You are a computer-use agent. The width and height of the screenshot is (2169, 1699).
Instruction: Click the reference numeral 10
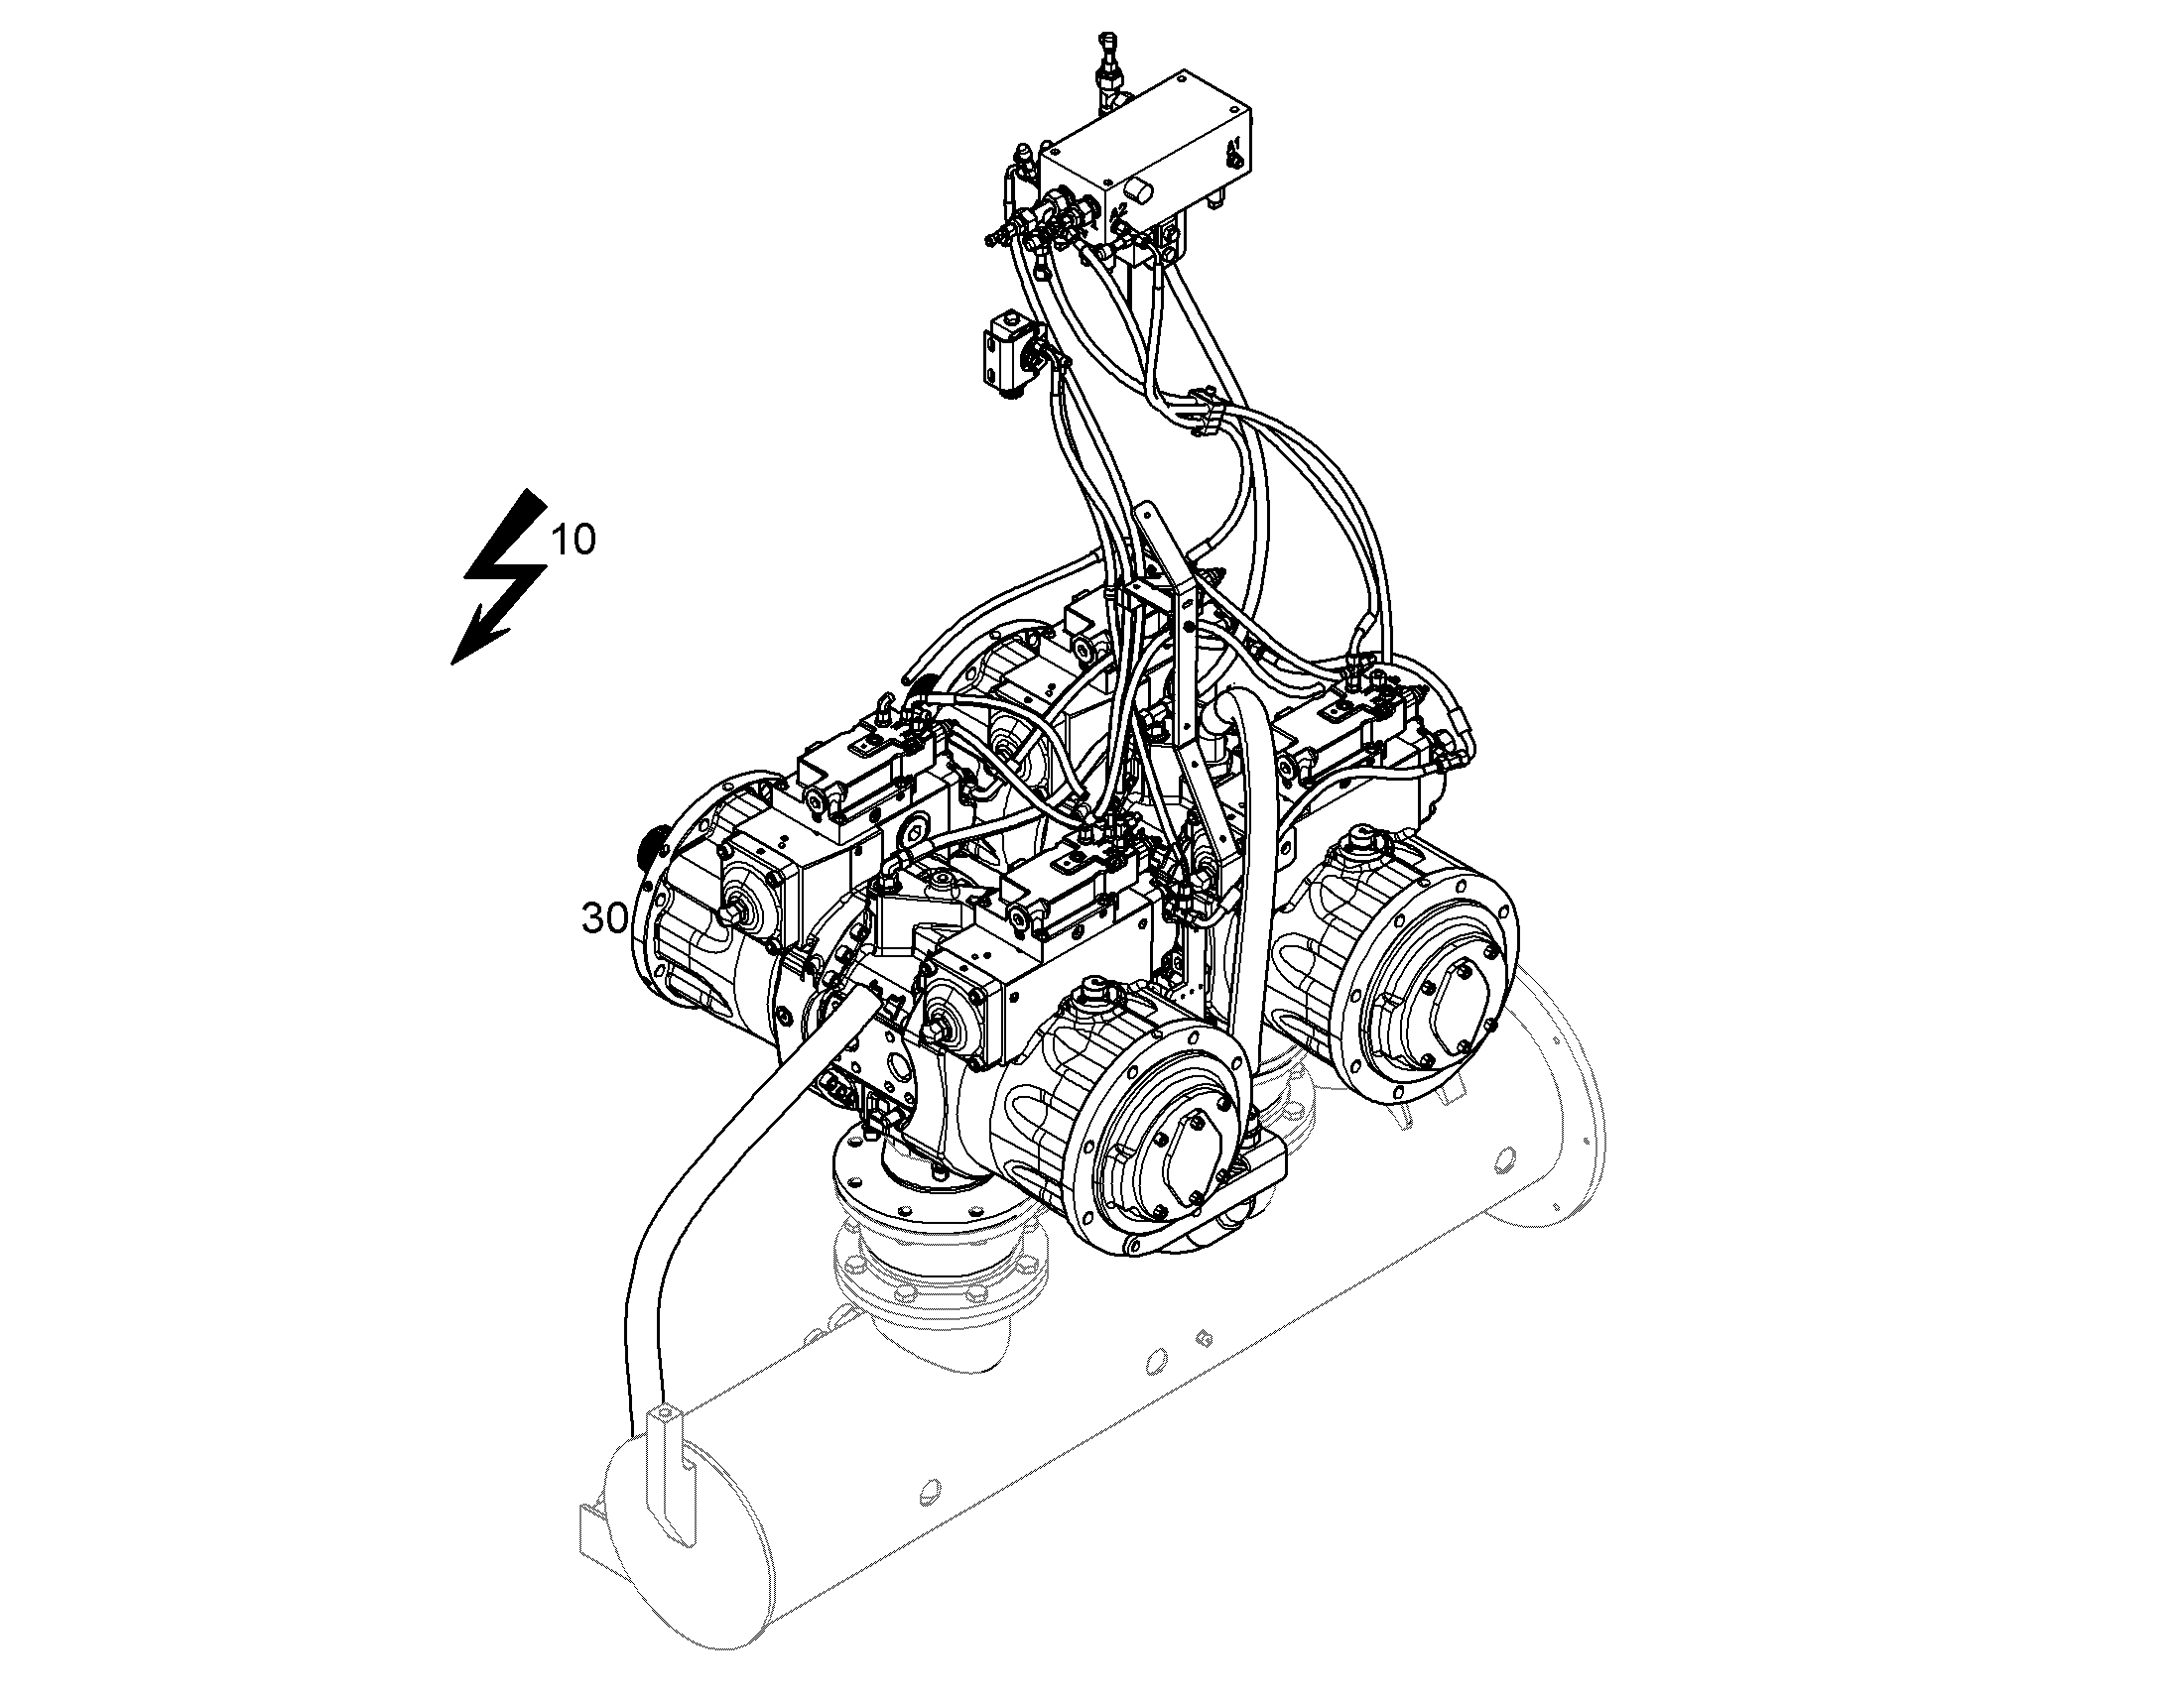pyautogui.click(x=574, y=540)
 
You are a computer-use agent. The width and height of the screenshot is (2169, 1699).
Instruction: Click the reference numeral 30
pyautogui.click(x=604, y=918)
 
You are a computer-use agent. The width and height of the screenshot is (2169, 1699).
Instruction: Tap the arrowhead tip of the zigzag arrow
pyautogui.click(x=452, y=664)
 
